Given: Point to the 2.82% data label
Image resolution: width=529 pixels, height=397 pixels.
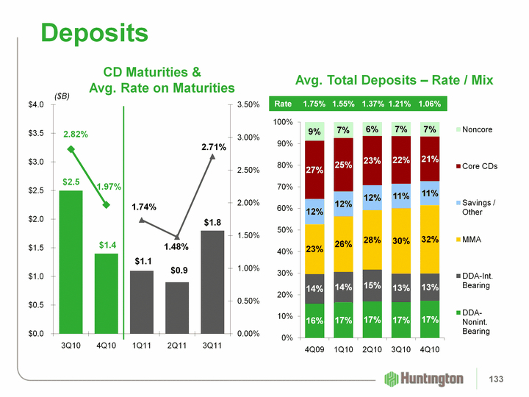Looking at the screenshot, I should click(76, 135).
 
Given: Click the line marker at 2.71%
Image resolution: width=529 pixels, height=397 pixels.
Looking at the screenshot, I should click(212, 156).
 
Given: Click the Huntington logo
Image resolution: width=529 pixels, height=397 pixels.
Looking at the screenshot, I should click(425, 379).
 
